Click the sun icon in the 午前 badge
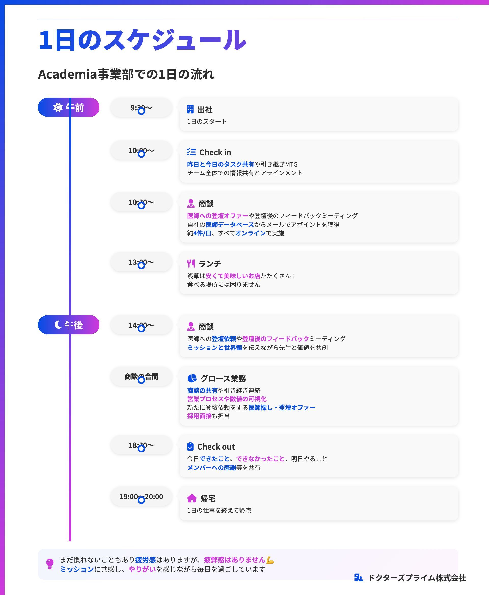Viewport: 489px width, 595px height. pyautogui.click(x=58, y=107)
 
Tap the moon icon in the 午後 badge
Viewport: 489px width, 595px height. pyautogui.click(x=58, y=325)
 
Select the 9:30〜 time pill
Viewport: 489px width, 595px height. pyautogui.click(x=141, y=107)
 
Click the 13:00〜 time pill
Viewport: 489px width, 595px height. pyautogui.click(x=141, y=262)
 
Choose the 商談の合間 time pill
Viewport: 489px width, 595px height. pyautogui.click(x=141, y=376)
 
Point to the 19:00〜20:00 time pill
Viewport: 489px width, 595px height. pyautogui.click(x=141, y=496)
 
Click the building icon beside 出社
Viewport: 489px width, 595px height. pyautogui.click(x=191, y=109)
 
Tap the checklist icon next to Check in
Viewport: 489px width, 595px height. pyautogui.click(x=191, y=152)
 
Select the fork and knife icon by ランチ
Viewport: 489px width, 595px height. pyautogui.click(x=191, y=263)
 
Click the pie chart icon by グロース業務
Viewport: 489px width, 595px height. pyautogui.click(x=192, y=378)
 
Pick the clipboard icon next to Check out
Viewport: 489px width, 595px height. pyautogui.click(x=191, y=447)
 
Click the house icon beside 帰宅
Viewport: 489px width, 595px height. pyautogui.click(x=192, y=498)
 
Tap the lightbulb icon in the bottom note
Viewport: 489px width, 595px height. pyautogui.click(x=50, y=564)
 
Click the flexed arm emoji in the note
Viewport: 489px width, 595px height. pyautogui.click(x=270, y=560)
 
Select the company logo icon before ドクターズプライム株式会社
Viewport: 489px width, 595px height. pyautogui.click(x=358, y=578)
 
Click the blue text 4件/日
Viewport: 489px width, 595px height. pyautogui.click(x=202, y=233)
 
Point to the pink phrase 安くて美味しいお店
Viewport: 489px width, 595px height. pyautogui.click(x=233, y=276)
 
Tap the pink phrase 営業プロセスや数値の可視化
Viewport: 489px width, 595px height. pyautogui.click(x=227, y=399)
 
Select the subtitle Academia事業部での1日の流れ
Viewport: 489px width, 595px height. pyautogui.click(x=126, y=74)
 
